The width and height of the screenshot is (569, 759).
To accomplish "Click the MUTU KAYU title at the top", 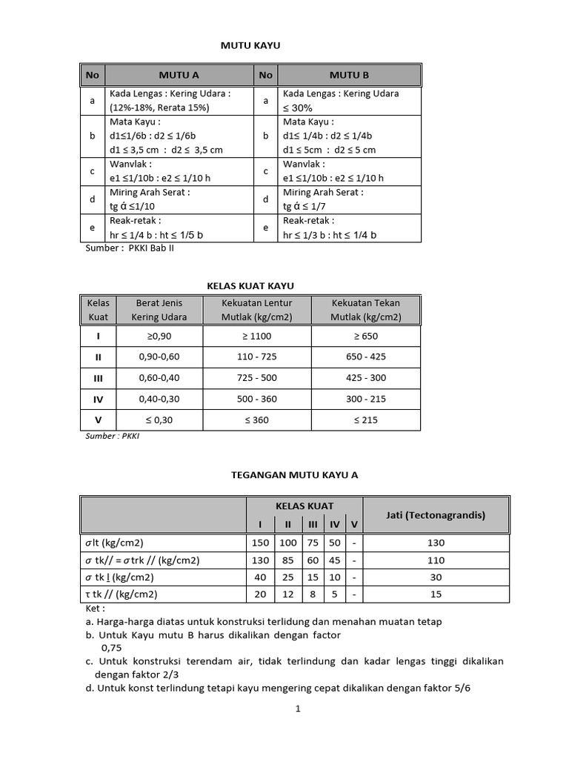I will [251, 46].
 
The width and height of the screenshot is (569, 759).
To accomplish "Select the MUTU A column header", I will [179, 75].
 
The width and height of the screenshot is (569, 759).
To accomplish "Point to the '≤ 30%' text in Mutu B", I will [298, 107].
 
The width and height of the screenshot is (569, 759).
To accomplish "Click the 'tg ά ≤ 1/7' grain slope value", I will [306, 207].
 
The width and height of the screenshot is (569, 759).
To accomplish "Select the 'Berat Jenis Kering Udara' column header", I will [159, 310].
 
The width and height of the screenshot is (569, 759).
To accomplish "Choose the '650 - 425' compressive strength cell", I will [366, 357].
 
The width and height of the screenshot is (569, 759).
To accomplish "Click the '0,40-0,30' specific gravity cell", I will [159, 399].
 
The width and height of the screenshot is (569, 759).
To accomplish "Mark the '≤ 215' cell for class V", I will [366, 420].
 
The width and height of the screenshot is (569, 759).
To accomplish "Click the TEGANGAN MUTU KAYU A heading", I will [295, 474].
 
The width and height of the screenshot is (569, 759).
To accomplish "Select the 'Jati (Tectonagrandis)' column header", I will [436, 515].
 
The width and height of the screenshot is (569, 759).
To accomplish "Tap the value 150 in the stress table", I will [260, 543].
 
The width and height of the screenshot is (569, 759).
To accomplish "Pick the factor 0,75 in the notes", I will [111, 647].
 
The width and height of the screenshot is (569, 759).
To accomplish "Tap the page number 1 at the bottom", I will [298, 709].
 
